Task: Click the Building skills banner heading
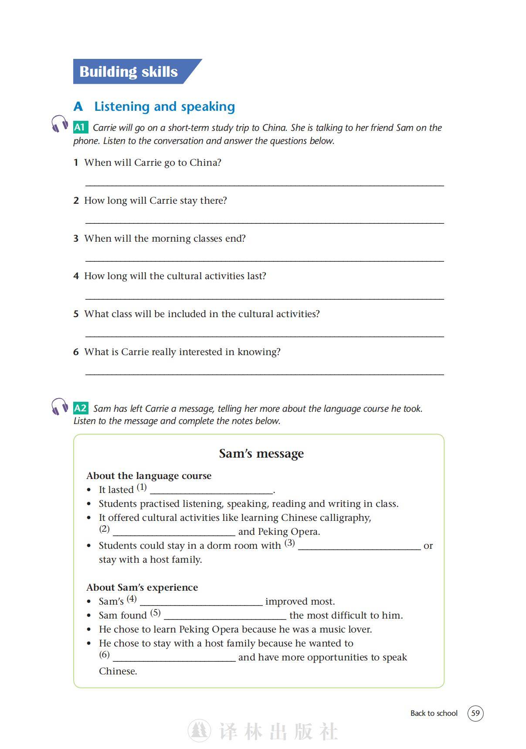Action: pyautogui.click(x=129, y=72)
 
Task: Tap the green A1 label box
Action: pyautogui.click(x=80, y=127)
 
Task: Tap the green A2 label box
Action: pyautogui.click(x=81, y=408)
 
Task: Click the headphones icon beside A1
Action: pyautogui.click(x=60, y=123)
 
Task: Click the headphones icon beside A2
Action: pyautogui.click(x=60, y=406)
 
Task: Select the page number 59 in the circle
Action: pyautogui.click(x=475, y=713)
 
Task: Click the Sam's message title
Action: pyautogui.click(x=261, y=454)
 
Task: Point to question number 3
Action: pyautogui.click(x=76, y=239)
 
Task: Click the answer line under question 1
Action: pyautogui.click(x=264, y=185)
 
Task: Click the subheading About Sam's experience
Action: pyautogui.click(x=142, y=588)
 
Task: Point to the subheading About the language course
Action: pyautogui.click(x=149, y=476)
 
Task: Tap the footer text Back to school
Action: pyautogui.click(x=434, y=713)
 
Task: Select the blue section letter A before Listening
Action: pyautogui.click(x=78, y=106)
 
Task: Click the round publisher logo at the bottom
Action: pyautogui.click(x=199, y=731)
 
